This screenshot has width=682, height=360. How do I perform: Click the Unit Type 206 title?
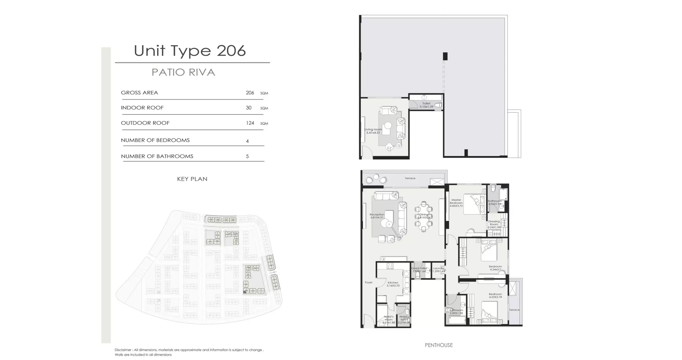coord(190,51)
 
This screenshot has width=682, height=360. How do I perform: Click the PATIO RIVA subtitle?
coord(183,72)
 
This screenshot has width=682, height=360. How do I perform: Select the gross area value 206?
coord(250,93)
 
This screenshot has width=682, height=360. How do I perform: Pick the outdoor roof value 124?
coord(250,123)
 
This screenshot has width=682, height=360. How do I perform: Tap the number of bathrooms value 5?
coord(247,157)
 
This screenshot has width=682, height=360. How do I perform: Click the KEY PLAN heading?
coord(192,179)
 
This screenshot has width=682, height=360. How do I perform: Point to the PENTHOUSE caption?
coord(439,345)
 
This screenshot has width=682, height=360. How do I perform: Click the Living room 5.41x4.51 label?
coord(373,131)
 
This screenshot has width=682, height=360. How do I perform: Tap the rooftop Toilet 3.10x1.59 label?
coord(426,105)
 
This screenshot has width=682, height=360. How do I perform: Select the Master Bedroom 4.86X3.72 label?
coord(456,203)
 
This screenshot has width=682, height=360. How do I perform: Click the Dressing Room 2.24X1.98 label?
coord(494,224)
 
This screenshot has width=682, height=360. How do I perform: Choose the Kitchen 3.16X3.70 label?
coord(393,284)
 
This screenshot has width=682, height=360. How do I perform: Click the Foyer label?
coord(369,282)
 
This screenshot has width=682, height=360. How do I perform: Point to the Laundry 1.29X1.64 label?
coord(439,270)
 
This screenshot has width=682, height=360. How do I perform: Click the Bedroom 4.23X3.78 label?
coord(495,295)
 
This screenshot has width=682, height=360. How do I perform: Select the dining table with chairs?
coord(423,217)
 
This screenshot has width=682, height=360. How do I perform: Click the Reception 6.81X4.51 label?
coord(377,216)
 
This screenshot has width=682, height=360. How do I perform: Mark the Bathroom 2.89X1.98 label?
coord(456,312)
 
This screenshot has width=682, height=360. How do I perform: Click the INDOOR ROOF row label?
coord(142,108)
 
